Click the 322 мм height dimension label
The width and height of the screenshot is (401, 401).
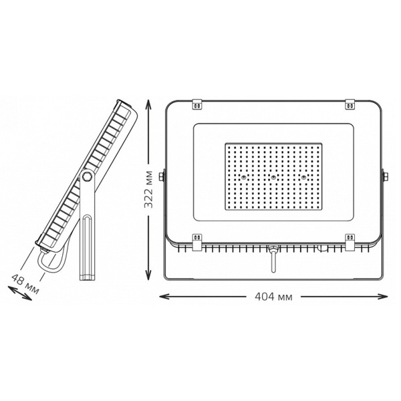148,189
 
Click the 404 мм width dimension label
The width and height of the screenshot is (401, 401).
273,297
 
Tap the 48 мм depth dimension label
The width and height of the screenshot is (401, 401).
25,284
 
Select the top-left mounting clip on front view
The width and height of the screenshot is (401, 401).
197,104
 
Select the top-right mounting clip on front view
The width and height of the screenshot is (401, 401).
350,104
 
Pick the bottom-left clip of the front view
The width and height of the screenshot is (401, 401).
197,242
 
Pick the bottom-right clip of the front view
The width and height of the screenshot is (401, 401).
350,242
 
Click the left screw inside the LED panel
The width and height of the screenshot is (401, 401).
243,176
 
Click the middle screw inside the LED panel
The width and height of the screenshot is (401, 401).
273,176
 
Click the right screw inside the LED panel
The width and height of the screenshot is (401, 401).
304,176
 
